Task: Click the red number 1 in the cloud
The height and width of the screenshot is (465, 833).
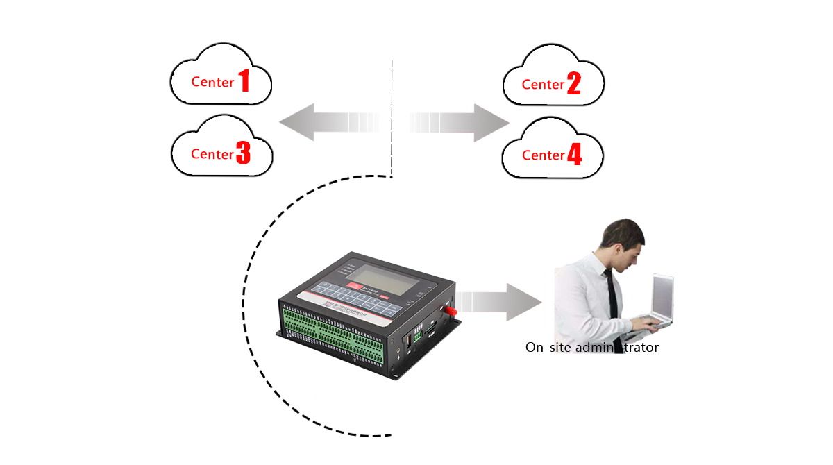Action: [x=244, y=81]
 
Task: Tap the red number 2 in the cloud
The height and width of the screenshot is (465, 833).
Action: [x=573, y=84]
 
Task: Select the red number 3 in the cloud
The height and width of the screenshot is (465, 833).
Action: [x=243, y=153]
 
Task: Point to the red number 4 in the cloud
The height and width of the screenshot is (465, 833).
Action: [x=574, y=155]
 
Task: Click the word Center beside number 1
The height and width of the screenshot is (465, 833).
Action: [x=212, y=82]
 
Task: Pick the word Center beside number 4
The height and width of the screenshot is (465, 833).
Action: [x=543, y=155]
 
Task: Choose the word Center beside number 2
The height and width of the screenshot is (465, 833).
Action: [x=543, y=85]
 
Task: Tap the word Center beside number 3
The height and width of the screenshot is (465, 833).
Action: [x=212, y=154]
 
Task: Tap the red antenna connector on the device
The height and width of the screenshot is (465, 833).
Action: [x=451, y=310]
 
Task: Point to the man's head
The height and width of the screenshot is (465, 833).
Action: [x=622, y=240]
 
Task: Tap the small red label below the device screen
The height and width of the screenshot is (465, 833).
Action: [x=355, y=285]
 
